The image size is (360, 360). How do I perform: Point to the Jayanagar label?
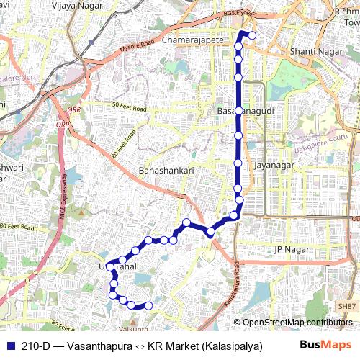(274, 166)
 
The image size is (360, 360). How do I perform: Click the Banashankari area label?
(166, 171)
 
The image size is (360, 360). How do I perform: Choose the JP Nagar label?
(291, 250)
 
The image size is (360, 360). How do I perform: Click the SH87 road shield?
(347, 307)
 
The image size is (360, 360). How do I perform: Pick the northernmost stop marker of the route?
(252, 35)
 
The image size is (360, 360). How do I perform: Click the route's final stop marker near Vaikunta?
(149, 306)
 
